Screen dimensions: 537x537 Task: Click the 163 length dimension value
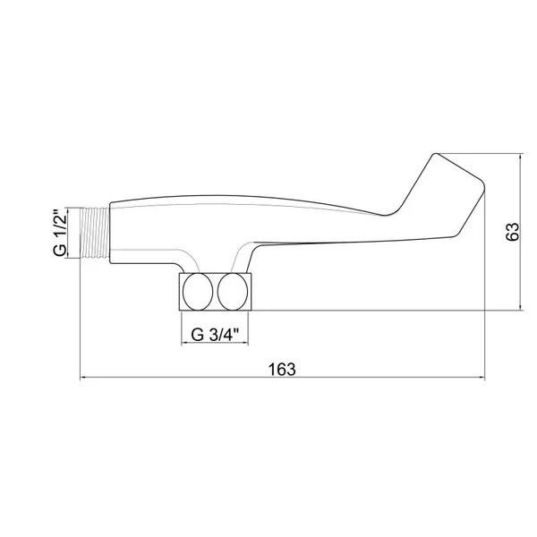coord(282,369)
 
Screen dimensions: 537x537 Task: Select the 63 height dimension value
coord(513,232)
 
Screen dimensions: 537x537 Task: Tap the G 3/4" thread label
coord(215,334)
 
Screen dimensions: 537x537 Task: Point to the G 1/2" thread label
coord(60,233)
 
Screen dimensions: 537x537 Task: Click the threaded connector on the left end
coord(95,233)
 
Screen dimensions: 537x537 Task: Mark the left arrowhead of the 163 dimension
coord(82,378)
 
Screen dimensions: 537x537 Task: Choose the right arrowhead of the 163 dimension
coord(482,378)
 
